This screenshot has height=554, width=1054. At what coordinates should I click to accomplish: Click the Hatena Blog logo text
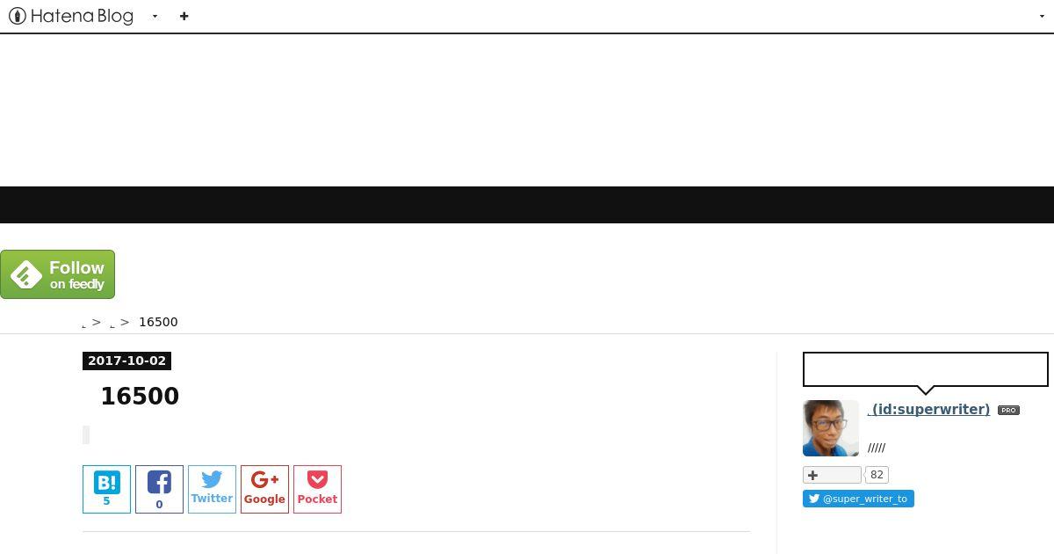(x=82, y=17)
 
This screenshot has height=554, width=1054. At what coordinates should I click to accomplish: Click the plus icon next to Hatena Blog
(x=184, y=17)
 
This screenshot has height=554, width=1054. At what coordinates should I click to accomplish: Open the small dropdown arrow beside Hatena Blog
(x=155, y=17)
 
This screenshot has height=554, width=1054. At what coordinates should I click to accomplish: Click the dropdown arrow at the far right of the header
(x=1042, y=17)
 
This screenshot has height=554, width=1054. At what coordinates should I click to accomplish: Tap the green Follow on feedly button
(x=57, y=274)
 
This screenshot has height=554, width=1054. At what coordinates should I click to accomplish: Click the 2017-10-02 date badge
(x=126, y=361)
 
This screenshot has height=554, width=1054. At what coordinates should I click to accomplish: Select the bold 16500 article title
(x=140, y=396)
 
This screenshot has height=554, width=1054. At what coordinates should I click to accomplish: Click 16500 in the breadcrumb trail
(x=159, y=322)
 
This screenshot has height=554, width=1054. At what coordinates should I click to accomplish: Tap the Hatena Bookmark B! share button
(x=107, y=489)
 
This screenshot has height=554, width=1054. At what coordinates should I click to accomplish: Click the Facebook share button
(x=160, y=489)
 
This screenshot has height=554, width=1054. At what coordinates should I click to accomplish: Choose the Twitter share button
(x=213, y=489)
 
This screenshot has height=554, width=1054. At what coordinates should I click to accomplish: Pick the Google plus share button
(x=265, y=489)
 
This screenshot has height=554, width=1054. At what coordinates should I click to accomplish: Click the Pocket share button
(x=318, y=489)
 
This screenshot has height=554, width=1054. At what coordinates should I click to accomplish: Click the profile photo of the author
(x=831, y=428)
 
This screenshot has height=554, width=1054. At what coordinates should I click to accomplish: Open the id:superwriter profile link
(x=928, y=410)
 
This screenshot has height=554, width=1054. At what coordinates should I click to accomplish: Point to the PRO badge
(x=1008, y=411)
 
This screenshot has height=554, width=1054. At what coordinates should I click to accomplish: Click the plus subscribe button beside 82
(x=832, y=475)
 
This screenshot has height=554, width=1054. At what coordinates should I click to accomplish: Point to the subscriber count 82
(x=877, y=475)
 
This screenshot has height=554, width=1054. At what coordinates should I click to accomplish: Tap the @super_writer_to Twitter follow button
(x=858, y=499)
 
